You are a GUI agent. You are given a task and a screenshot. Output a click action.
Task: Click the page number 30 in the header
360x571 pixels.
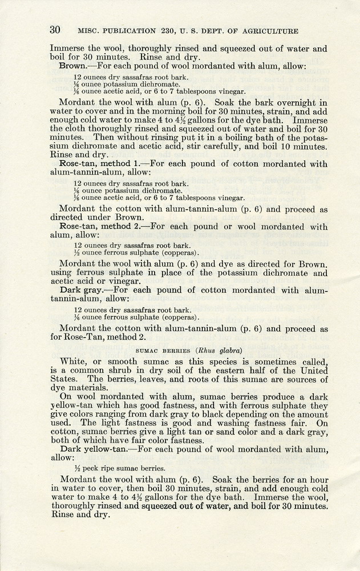tap(55, 30)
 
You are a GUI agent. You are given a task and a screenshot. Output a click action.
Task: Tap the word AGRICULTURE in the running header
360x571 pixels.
tap(266, 30)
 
